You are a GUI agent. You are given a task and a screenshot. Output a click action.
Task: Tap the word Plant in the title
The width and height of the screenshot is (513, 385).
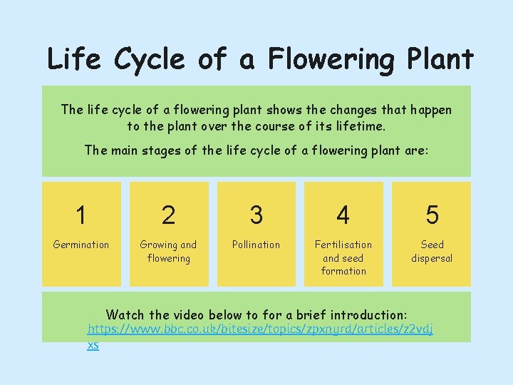click(x=437, y=58)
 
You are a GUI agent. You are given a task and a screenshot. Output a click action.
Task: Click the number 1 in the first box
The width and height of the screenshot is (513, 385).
click(x=81, y=215)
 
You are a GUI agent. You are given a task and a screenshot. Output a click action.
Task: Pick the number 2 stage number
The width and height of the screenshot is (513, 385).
click(x=168, y=215)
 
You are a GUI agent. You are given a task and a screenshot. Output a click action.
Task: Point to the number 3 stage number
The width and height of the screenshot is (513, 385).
click(x=256, y=215)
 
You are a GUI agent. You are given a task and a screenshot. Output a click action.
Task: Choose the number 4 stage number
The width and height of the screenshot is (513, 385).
click(x=343, y=215)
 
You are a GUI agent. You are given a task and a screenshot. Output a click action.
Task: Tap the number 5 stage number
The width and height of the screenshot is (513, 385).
click(x=432, y=215)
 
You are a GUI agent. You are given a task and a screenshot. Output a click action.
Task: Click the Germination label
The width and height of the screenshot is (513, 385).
click(x=81, y=245)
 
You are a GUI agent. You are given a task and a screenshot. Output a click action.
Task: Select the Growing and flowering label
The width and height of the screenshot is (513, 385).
click(x=168, y=251)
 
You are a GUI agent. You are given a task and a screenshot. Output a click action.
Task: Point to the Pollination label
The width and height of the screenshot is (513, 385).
click(x=256, y=245)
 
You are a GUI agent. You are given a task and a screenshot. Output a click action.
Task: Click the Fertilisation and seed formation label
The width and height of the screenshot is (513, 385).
click(x=343, y=257)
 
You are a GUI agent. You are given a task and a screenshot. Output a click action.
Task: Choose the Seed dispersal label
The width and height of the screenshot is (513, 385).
click(x=432, y=251)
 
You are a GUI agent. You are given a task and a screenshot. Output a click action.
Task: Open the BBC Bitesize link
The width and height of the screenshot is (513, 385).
click(x=259, y=330)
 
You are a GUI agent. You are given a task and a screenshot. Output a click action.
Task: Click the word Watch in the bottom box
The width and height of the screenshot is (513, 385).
click(x=125, y=314)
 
